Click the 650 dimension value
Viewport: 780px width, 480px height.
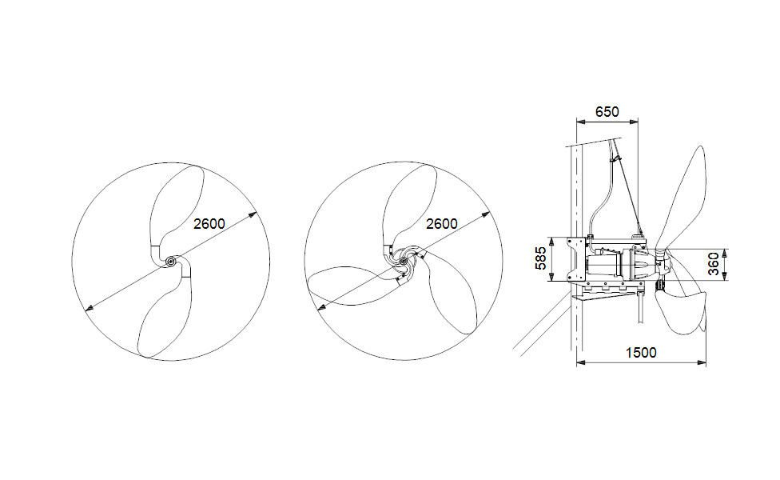(x=607, y=112)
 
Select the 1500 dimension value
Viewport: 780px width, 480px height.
(x=641, y=353)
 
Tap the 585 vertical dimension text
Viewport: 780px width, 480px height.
(x=541, y=259)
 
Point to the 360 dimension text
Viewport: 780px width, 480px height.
(x=714, y=261)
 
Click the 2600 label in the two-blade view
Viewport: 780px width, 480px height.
(x=209, y=224)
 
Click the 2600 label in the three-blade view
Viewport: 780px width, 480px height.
(x=441, y=224)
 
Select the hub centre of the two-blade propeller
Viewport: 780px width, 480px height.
(x=171, y=262)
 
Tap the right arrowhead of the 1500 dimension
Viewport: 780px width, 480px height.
(x=703, y=363)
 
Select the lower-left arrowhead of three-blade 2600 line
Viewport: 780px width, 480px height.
(x=319, y=308)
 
